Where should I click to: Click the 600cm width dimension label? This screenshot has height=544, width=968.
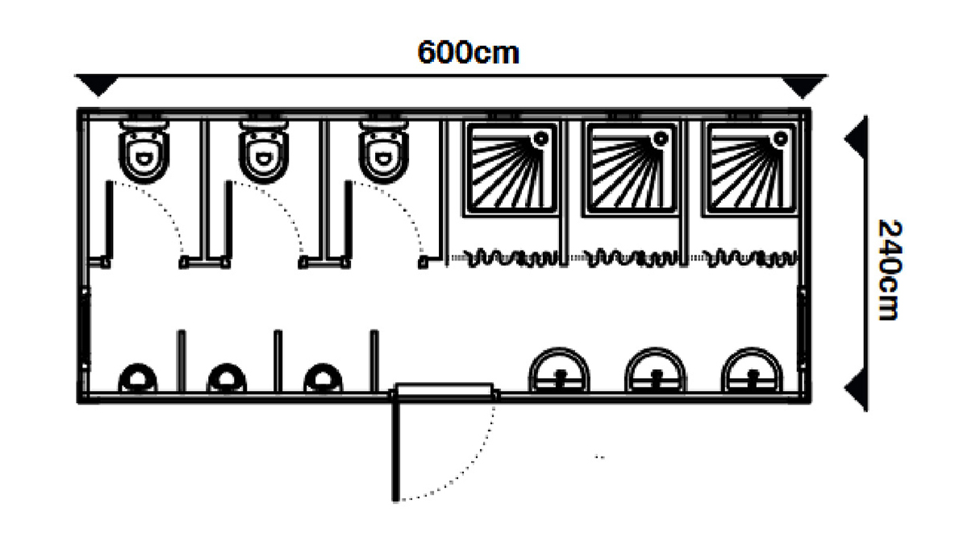click(x=468, y=52)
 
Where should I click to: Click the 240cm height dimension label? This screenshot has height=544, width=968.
click(x=887, y=268)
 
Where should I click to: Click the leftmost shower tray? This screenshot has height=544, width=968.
click(x=511, y=168)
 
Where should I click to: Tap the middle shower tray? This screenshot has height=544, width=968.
click(x=630, y=168)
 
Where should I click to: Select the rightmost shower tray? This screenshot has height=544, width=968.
click(x=749, y=168)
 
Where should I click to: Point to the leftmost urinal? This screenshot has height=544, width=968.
click(x=137, y=378)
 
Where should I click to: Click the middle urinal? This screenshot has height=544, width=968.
click(x=227, y=378)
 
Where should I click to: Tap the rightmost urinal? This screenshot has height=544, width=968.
click(x=323, y=378)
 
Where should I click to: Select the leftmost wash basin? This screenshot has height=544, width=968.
click(x=559, y=372)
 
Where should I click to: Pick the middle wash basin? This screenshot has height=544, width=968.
click(x=656, y=372)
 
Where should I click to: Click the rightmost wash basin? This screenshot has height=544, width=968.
click(x=752, y=372)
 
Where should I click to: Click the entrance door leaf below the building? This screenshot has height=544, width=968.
click(x=395, y=447)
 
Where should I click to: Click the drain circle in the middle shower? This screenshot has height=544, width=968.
click(x=661, y=139)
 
